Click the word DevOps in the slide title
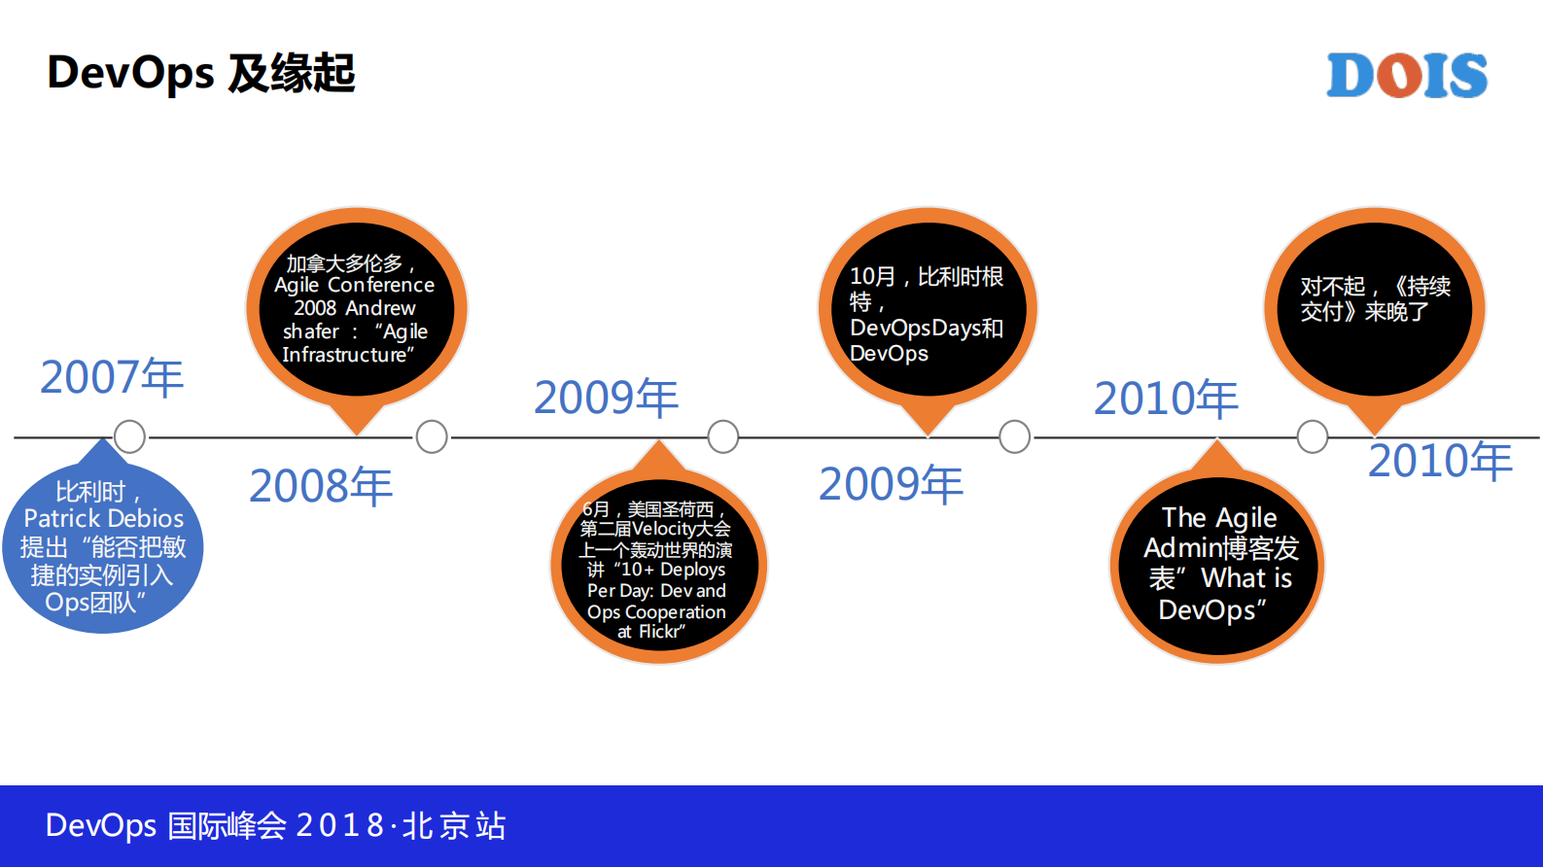tap(131, 73)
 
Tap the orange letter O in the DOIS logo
tap(1407, 75)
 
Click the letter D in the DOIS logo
tap(1354, 75)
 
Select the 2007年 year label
tap(112, 377)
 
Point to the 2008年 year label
tap(321, 486)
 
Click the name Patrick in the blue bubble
tap(62, 518)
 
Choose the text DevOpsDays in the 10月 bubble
tap(915, 328)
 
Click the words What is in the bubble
tap(1246, 578)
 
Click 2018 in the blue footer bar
tap(339, 825)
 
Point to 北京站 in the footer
tap(454, 825)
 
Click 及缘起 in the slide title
tap(291, 73)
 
